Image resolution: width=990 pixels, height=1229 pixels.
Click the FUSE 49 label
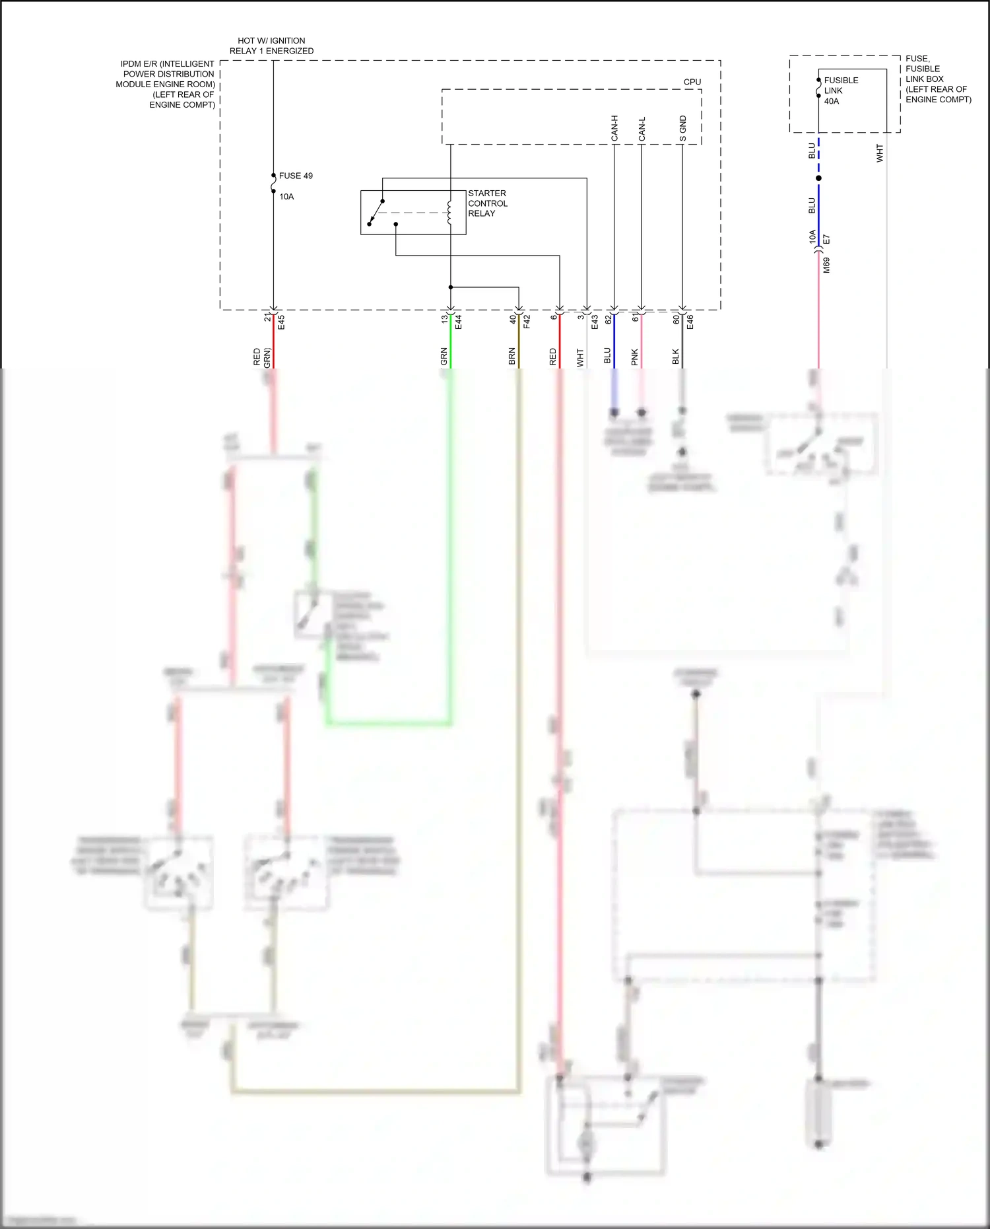pos(296,176)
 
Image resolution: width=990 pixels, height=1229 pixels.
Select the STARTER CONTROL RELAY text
pos(487,203)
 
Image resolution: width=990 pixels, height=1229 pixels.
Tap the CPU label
pos(692,82)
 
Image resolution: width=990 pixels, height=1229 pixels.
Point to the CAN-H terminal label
pos(614,128)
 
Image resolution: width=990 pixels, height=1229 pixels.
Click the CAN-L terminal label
pos(642,129)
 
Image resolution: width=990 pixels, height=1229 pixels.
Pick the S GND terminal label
pos(683,128)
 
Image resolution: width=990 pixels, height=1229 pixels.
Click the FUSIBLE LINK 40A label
pos(840,90)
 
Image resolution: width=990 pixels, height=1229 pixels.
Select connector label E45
pos(281,322)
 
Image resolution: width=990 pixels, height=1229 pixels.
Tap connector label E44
pos(458,322)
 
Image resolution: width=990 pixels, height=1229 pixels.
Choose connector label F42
pos(527,322)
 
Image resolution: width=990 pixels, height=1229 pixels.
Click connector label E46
pos(690,322)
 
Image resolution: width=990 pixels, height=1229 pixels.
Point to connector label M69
pos(826,265)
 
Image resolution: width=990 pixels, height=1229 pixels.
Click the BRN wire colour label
pos(511,357)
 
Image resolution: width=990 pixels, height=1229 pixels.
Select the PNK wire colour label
pos(634,357)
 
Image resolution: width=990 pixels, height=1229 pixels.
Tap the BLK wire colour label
pos(675,357)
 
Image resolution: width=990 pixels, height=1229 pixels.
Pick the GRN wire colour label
pos(444,357)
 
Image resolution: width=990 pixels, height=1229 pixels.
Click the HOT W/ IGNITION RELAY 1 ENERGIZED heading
pos(271,46)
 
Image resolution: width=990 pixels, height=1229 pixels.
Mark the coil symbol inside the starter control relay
pos(450,212)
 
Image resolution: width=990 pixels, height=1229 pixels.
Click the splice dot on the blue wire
pos(818,178)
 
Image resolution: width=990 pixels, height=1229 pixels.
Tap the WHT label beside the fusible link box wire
pos(879,153)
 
